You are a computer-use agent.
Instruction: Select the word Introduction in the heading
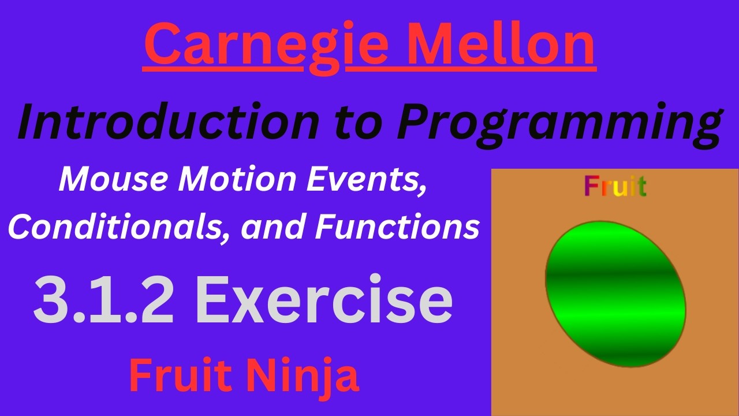[x=168, y=122]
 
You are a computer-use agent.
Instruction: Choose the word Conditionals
[x=118, y=228]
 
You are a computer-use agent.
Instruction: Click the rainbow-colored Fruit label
[x=615, y=186]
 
